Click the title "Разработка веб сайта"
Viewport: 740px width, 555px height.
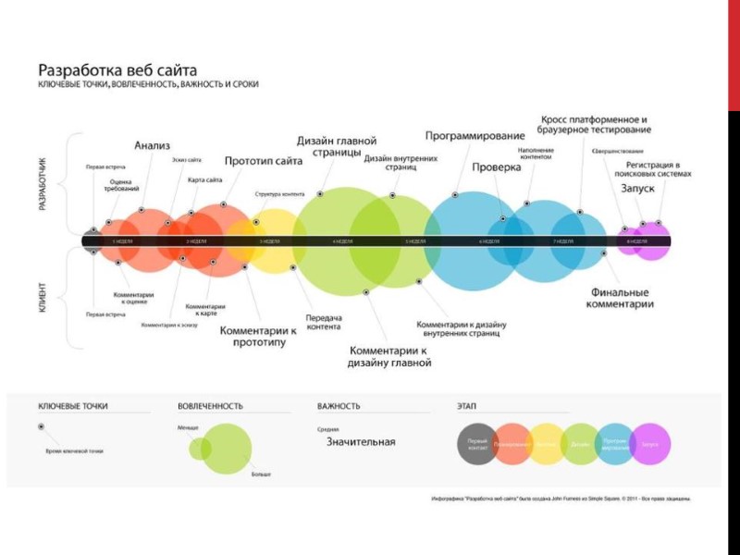[x=117, y=69]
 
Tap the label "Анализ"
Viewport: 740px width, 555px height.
[x=152, y=145]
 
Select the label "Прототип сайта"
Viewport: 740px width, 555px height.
[x=264, y=161]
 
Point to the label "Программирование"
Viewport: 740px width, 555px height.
[x=475, y=136]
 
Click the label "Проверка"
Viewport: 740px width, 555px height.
[x=497, y=167]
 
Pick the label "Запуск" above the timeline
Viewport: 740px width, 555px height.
[x=637, y=188]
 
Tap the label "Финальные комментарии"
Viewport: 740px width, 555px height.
[x=622, y=298]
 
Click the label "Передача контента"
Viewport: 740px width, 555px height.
[x=324, y=322]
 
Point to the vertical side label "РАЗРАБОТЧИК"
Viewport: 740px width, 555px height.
[x=42, y=183]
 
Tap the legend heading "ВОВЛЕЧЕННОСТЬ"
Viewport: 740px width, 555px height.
[x=210, y=406]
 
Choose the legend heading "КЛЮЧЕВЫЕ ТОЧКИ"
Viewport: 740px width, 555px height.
[x=72, y=406]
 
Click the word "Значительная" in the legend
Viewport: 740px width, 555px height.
[x=361, y=442]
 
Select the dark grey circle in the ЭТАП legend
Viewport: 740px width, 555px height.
[x=478, y=444]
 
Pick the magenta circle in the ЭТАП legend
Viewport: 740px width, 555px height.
[x=650, y=444]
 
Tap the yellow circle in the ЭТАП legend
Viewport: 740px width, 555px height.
[x=546, y=444]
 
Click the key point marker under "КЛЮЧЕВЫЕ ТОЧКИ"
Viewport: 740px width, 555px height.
[x=41, y=426]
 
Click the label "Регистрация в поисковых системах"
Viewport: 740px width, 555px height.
[x=659, y=167]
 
